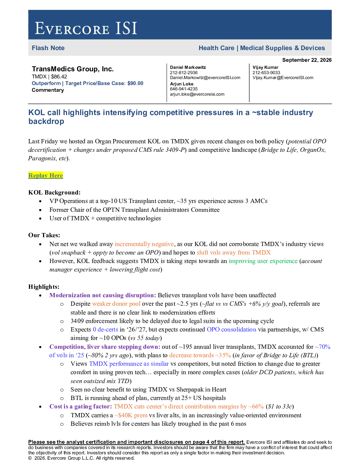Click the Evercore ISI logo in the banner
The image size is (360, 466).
coord(86,28)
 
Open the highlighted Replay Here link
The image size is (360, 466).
coord(46,175)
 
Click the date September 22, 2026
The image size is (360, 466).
coord(307,60)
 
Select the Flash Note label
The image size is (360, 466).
coord(48,48)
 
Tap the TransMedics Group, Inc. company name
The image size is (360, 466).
coord(73,69)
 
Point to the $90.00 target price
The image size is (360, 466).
coord(135,83)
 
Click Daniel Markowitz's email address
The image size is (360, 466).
coord(205,78)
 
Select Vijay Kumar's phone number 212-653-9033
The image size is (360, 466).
coord(266,72)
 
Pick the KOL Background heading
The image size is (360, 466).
coord(54,192)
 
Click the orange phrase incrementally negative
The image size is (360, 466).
coord(144,244)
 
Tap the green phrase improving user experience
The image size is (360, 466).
coord(263,261)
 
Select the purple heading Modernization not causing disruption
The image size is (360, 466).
coord(103,295)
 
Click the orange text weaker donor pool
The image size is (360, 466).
coord(116,304)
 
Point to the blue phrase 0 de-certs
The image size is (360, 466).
coord(106,329)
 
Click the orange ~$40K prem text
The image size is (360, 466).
coord(131,415)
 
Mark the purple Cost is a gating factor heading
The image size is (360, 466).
coord(80,406)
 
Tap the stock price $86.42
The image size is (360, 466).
coord(59,77)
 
